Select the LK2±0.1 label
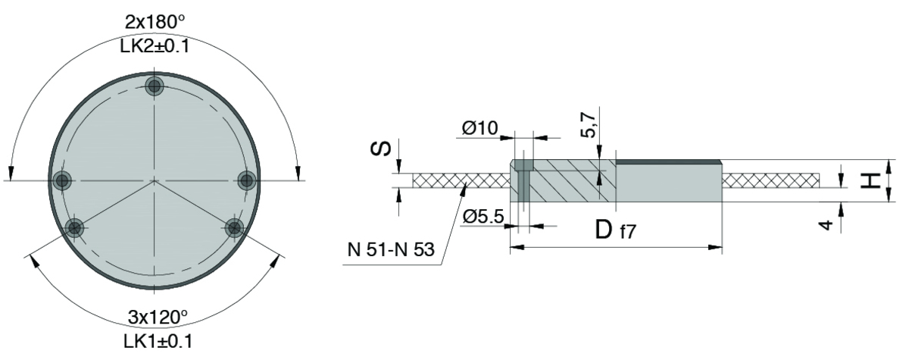155,46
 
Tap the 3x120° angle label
158,317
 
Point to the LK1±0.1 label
158,342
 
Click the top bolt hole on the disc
155,86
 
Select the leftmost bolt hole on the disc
62,180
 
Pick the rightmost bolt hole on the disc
246,180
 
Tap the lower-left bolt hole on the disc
74,228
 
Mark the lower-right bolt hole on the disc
234,227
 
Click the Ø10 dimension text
479,128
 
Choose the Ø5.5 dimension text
483,217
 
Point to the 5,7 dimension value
589,125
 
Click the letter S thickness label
381,149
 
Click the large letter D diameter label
604,230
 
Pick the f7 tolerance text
628,232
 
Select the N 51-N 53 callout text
391,249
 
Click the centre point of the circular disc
155,180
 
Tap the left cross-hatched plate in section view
461,180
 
